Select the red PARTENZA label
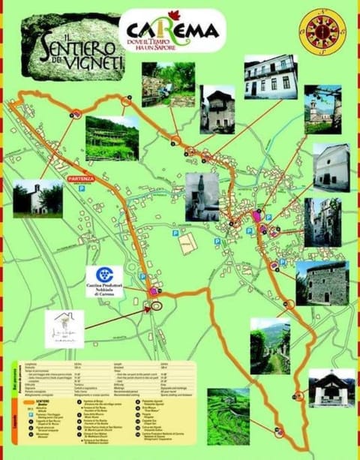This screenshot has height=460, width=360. point(82,180)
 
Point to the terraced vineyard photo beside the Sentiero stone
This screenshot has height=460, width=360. point(112,137)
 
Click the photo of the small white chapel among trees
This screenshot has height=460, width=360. point(37,199)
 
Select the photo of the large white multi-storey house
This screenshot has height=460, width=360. point(270,77)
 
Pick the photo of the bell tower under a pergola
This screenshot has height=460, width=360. point(322,110)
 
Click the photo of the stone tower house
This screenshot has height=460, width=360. point(322,283)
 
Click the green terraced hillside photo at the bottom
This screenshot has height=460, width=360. point(228,416)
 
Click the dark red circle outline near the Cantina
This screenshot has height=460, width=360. point(156,305)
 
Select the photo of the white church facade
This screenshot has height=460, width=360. point(331,167)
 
